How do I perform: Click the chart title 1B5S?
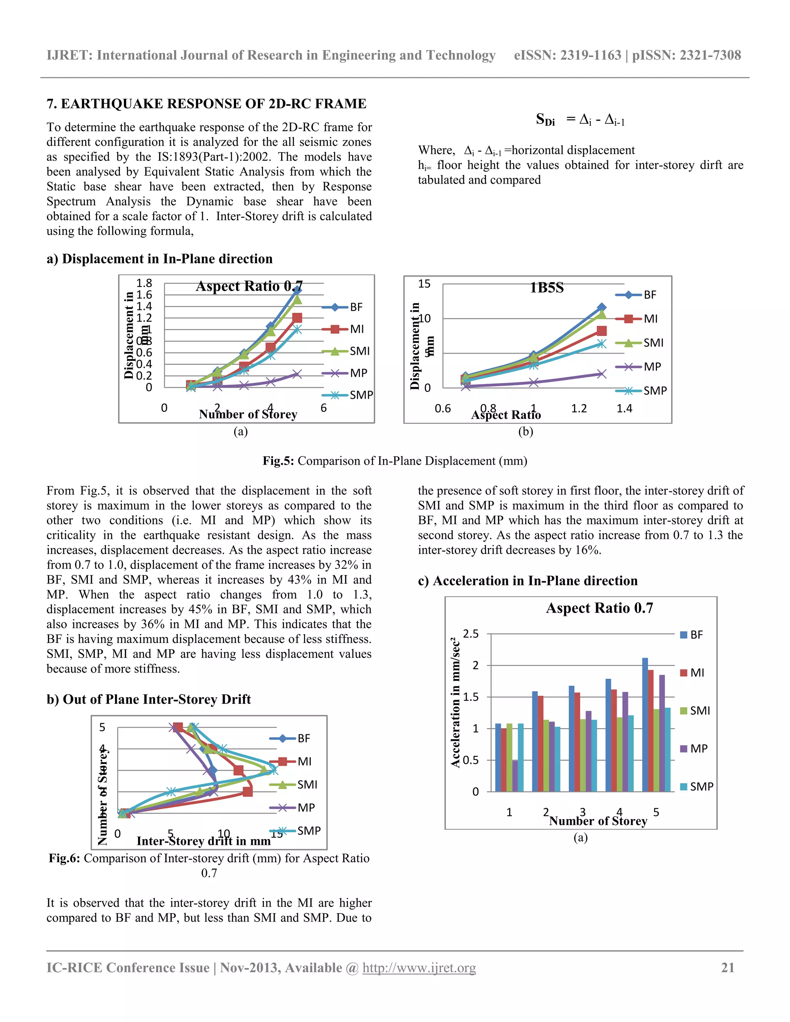[x=546, y=287]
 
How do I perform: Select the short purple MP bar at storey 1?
[x=515, y=776]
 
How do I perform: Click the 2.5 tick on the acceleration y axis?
[x=471, y=634]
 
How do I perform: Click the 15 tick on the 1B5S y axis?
[x=424, y=284]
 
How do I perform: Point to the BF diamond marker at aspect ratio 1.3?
[x=601, y=307]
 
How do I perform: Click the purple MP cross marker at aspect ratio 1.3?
[x=601, y=373]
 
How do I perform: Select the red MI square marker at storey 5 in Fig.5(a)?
[x=297, y=318]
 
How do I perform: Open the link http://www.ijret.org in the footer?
[x=419, y=968]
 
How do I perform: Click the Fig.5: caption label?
[x=278, y=461]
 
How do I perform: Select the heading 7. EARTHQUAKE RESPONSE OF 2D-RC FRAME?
[x=206, y=103]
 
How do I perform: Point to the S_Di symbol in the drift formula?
[x=545, y=120]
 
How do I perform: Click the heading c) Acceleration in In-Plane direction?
[x=527, y=581]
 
